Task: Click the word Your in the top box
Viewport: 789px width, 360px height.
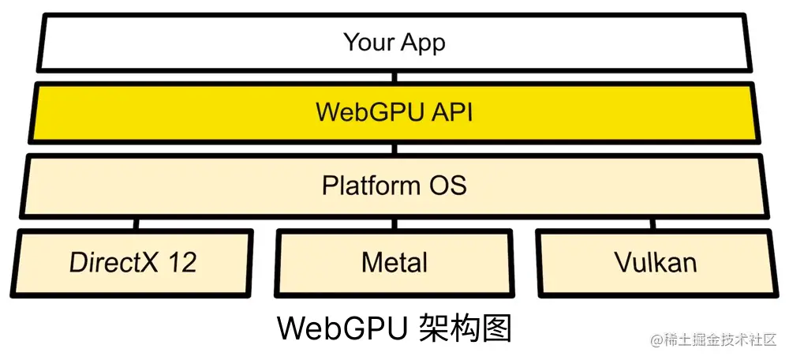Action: [368, 42]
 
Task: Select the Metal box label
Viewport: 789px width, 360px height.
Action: [394, 262]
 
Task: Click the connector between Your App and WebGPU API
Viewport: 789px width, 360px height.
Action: [394, 77]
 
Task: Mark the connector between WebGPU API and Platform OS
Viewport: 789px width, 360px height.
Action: [394, 148]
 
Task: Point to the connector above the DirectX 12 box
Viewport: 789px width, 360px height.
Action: [136, 223]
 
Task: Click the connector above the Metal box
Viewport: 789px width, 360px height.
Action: [394, 223]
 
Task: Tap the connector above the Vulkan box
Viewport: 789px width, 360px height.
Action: [654, 223]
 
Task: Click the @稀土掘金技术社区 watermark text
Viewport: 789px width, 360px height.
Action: [714, 340]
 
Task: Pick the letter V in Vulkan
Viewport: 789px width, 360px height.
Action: [622, 262]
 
